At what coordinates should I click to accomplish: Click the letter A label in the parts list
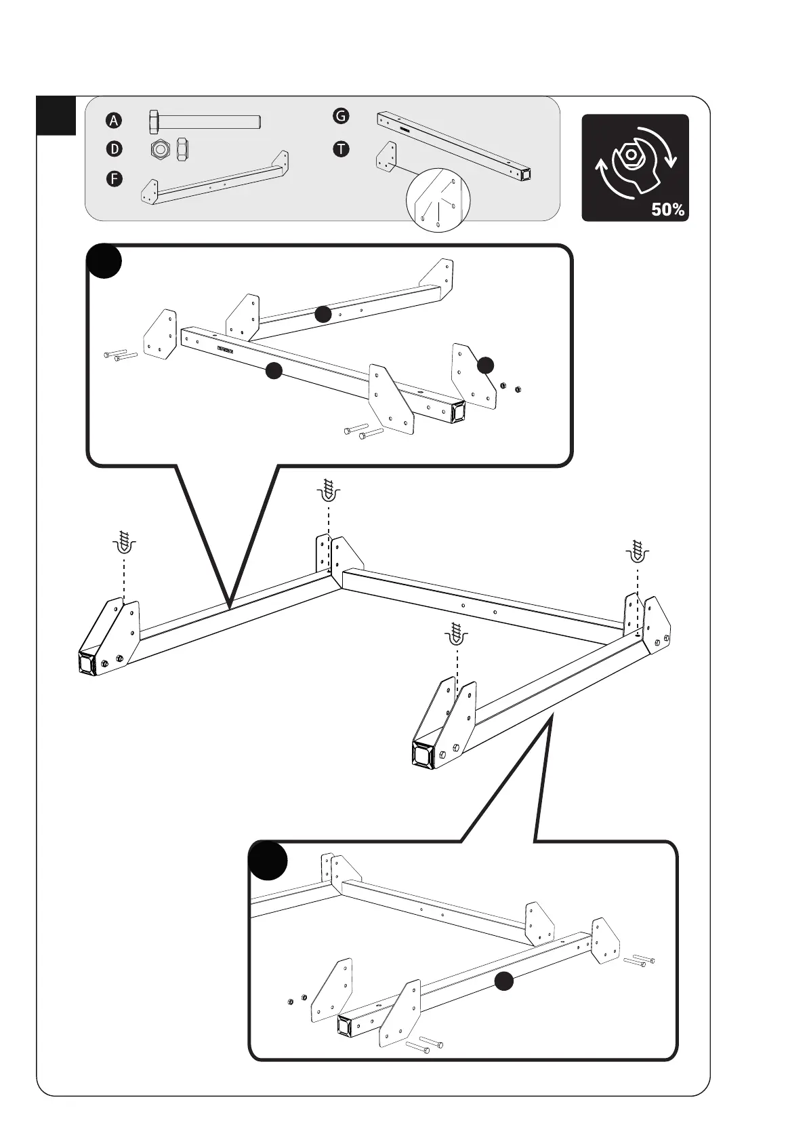[x=114, y=121]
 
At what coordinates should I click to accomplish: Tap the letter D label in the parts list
[x=114, y=149]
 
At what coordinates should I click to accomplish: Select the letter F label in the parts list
[x=114, y=179]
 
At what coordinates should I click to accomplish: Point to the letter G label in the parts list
[x=341, y=116]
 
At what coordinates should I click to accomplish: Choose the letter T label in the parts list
[x=341, y=149]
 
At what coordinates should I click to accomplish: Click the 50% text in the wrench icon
[x=667, y=210]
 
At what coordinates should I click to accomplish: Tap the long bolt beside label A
[x=204, y=121]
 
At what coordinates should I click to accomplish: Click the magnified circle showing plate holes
[x=438, y=200]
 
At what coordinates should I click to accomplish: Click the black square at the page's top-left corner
[x=56, y=115]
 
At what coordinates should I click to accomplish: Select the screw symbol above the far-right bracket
[x=636, y=551]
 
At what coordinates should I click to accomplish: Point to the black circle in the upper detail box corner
[x=104, y=261]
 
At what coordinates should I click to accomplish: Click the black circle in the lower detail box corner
[x=268, y=861]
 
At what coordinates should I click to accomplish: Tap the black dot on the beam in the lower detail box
[x=503, y=981]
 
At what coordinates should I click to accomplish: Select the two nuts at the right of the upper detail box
[x=511, y=388]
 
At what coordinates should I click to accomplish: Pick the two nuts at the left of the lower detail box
[x=296, y=1000]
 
